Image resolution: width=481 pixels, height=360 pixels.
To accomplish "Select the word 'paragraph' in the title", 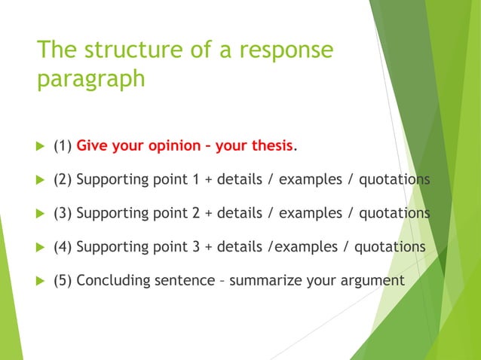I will tap(91, 79).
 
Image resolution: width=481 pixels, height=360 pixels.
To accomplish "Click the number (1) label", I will tap(63, 146).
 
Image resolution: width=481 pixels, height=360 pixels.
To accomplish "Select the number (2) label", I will tap(63, 180).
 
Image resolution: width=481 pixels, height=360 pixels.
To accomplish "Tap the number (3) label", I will tap(63, 213).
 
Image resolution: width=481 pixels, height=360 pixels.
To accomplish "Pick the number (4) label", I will tap(63, 247).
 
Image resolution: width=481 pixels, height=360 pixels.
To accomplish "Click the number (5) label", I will tap(63, 281).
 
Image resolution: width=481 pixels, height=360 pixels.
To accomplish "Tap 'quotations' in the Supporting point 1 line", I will tap(394, 180).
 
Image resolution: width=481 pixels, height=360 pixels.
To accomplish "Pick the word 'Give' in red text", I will tap(92, 146).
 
